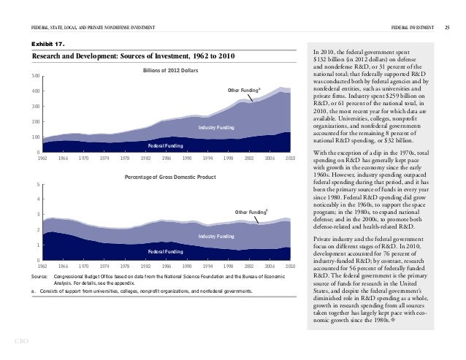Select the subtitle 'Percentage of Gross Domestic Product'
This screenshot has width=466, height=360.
[170, 177]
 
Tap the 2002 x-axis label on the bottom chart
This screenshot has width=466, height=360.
[249, 266]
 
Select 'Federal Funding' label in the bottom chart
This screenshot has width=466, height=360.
[165, 250]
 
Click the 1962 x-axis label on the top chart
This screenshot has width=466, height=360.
[42, 158]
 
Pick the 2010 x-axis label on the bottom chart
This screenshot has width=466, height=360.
[290, 266]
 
